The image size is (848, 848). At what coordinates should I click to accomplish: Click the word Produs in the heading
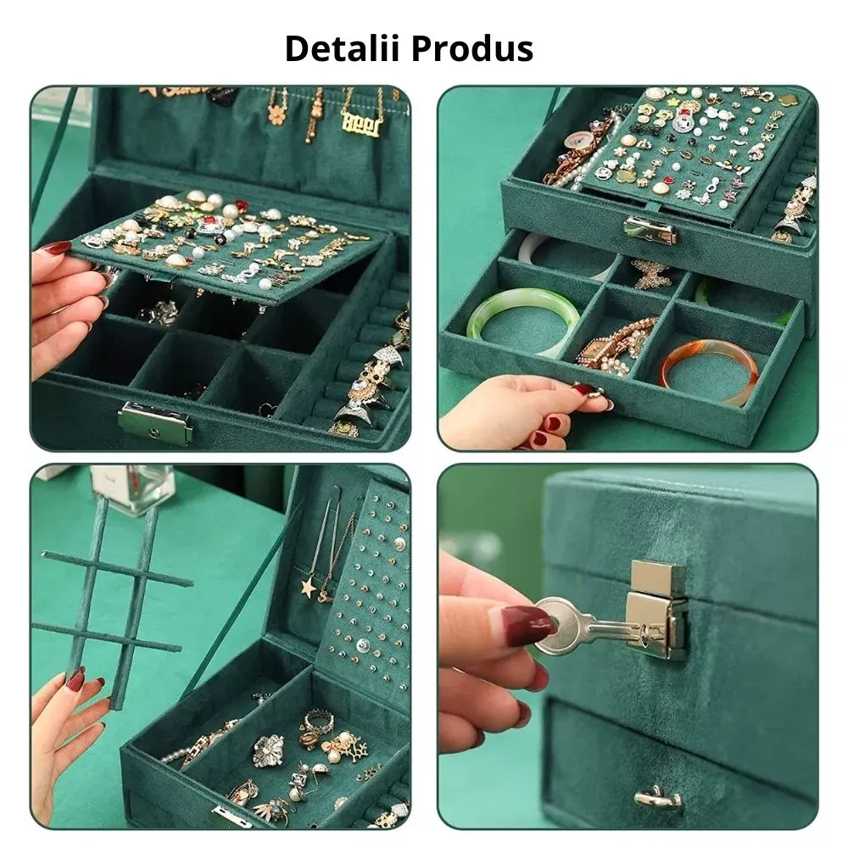(472, 48)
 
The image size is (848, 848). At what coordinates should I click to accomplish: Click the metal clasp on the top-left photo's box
(155, 423)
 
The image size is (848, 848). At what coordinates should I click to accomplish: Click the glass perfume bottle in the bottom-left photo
(132, 489)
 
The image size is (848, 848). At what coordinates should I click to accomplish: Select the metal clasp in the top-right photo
(650, 232)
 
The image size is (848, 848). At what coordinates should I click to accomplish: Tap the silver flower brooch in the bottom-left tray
(268, 750)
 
